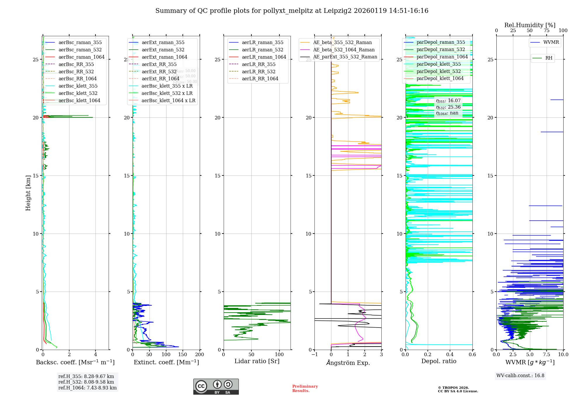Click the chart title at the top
pos(292,11)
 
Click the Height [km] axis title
pos(28,193)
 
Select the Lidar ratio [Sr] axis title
pos(257,361)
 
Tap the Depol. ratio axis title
pos(439,361)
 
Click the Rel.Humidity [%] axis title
pos(530,25)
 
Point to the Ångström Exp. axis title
pos(348,363)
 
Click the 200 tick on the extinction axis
pos(200,355)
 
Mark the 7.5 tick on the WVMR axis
pos(547,355)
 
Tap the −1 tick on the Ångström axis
pos(314,355)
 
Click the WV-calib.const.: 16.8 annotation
pos(520,376)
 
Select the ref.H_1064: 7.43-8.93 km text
pos(87,388)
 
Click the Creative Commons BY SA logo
pos(216,386)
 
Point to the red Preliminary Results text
pos(305,389)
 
